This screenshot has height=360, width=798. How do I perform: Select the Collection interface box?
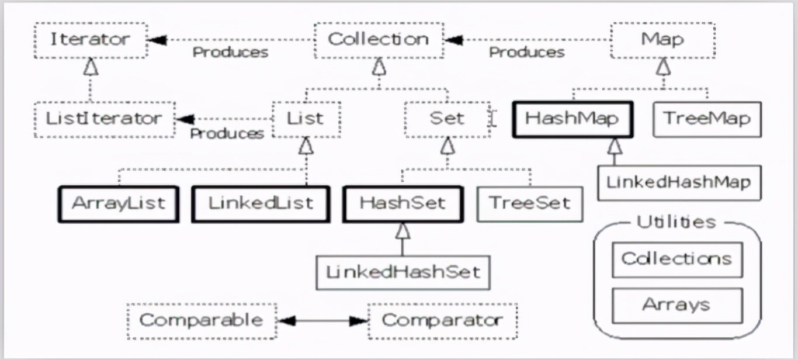pos(378,40)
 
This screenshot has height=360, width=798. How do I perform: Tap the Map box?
pos(662,40)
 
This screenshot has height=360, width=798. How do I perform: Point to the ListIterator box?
pos(104,119)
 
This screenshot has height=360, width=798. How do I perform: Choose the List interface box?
pos(306,119)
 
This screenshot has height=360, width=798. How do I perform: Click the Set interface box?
pos(447,119)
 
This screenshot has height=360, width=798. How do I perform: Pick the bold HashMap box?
pos(571,119)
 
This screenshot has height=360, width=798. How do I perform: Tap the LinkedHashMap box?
pos(678,182)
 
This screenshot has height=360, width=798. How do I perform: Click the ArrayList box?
pos(119,204)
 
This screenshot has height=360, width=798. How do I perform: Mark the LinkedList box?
pos(261,204)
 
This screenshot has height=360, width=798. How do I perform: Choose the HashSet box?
pos(403,204)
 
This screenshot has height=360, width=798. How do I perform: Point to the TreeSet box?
pos(529,204)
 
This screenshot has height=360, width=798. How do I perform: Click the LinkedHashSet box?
pos(403,272)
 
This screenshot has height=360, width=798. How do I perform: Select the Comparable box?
pos(202,321)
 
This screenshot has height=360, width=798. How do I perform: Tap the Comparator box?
pos(442,321)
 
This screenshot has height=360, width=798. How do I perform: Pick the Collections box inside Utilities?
pos(677,259)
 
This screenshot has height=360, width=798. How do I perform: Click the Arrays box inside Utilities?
pos(677,305)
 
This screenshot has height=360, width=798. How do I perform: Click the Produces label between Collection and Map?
pos(526,53)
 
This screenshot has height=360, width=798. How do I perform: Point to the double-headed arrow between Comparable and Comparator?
pos(322,321)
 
